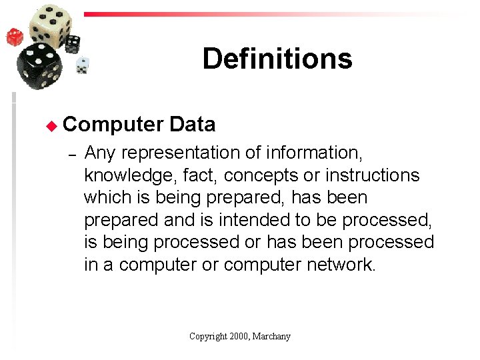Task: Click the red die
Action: (15, 37)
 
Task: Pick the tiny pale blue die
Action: (82, 65)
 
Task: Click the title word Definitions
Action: (277, 59)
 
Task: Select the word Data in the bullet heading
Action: (193, 124)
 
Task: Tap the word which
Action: (109, 198)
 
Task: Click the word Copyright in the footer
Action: (209, 337)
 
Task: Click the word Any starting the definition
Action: (101, 153)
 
